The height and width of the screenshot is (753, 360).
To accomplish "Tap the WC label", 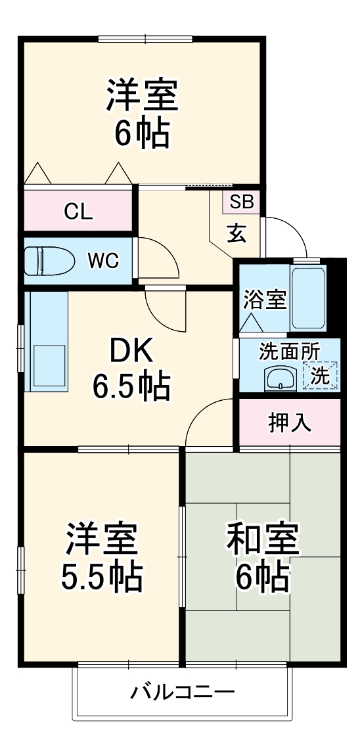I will tap(104, 261).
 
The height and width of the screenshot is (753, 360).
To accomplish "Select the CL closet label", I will tap(78, 212).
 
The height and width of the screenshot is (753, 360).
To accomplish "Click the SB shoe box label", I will tap(242, 202).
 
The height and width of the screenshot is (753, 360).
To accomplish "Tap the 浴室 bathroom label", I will tap(265, 300).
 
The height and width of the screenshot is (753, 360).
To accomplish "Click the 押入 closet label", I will tap(290, 422).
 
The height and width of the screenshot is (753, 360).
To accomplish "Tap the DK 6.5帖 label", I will tap(131, 371).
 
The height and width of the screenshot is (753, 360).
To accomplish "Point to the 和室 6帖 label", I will tap(263, 557).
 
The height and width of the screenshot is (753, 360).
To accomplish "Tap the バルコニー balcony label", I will tap(182, 692).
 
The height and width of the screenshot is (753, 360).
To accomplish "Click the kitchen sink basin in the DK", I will tap(45, 365).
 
